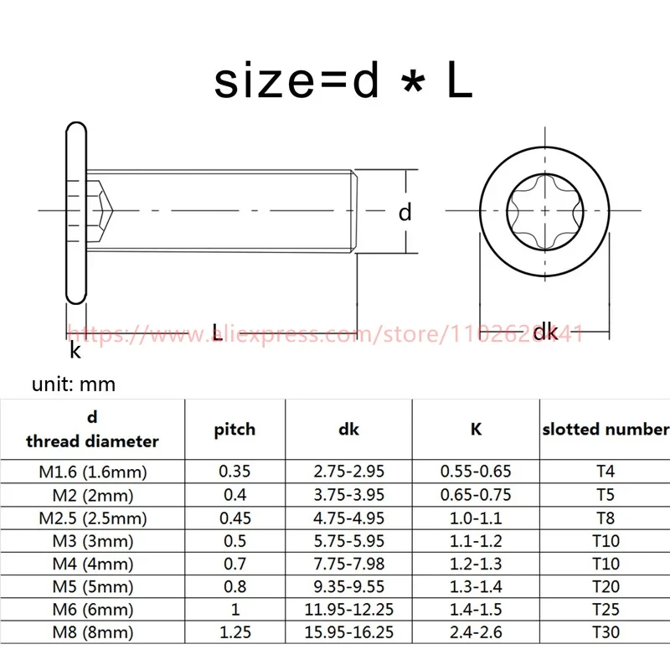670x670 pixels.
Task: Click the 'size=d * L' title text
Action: [343, 80]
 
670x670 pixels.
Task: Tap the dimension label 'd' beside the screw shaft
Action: [405, 213]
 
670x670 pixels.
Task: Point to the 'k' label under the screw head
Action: [75, 350]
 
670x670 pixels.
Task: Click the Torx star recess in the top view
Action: [545, 211]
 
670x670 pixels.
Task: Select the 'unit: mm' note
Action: [74, 384]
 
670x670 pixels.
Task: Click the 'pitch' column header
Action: [234, 430]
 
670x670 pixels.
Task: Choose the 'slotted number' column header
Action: [606, 429]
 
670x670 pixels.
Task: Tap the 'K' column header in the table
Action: [476, 429]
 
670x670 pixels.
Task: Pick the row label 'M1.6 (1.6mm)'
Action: [93, 472]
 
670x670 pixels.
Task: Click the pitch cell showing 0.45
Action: [235, 518]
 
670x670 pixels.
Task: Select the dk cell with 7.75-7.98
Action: [349, 564]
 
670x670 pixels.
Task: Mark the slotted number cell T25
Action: [606, 610]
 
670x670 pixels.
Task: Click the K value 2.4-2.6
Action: [476, 632]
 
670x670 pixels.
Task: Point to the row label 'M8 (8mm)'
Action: [93, 632]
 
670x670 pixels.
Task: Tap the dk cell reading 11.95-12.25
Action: [349, 610]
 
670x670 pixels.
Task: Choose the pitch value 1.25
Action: [235, 632]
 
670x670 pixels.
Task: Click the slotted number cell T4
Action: [606, 472]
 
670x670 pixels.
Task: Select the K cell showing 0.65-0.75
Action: [476, 495]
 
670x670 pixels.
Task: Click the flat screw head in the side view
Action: [76, 213]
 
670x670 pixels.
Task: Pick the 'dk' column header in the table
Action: [348, 430]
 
